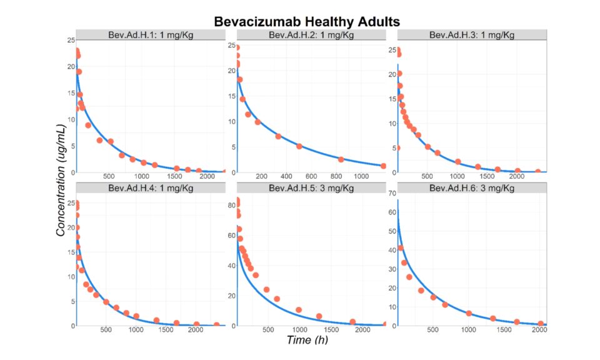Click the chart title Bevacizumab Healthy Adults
(306, 21)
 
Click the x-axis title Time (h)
(307, 340)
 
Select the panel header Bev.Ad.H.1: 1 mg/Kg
(147, 34)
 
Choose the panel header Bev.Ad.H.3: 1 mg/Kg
(472, 34)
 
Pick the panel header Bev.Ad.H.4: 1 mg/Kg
(147, 187)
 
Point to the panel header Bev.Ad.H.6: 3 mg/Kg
(472, 187)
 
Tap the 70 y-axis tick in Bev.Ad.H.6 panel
(391, 193)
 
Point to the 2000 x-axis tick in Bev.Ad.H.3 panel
(517, 177)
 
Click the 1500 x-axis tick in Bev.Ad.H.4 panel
(165, 331)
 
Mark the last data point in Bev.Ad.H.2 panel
(383, 166)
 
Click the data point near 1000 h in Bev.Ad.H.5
(299, 310)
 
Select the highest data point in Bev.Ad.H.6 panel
(401, 248)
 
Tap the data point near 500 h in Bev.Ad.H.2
(299, 146)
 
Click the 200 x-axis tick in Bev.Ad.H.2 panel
(262, 177)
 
